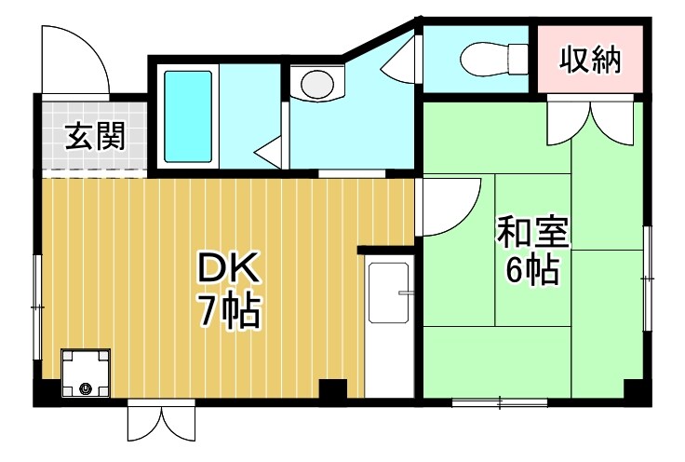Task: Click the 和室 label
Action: (531, 232)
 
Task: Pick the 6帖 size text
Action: (531, 270)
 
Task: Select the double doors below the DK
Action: (161, 424)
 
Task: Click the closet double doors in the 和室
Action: (591, 119)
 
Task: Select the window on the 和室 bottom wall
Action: (499, 402)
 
